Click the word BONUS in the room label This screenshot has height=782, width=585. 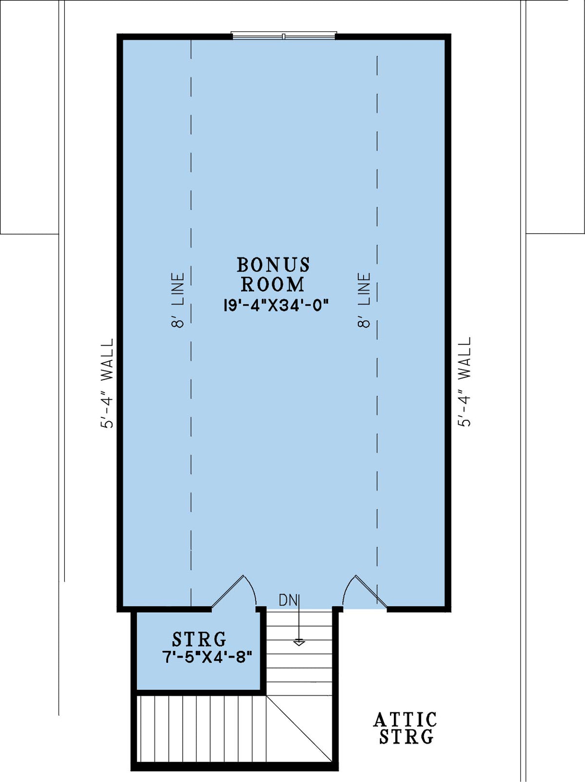point(273,265)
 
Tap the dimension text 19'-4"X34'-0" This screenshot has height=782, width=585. point(276,305)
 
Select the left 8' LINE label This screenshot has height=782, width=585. point(178,300)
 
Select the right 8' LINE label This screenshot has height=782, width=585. point(365,300)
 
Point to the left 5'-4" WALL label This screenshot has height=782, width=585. point(107,383)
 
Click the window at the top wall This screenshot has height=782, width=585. point(284,36)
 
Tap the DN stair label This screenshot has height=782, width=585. point(288,600)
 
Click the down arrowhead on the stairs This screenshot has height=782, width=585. point(299,643)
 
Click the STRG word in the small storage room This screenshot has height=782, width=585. point(199,639)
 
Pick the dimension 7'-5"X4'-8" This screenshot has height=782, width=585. point(207,657)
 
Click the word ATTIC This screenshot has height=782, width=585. point(405,720)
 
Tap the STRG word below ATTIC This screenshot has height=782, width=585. point(406,737)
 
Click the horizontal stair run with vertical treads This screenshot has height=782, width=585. point(200,728)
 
